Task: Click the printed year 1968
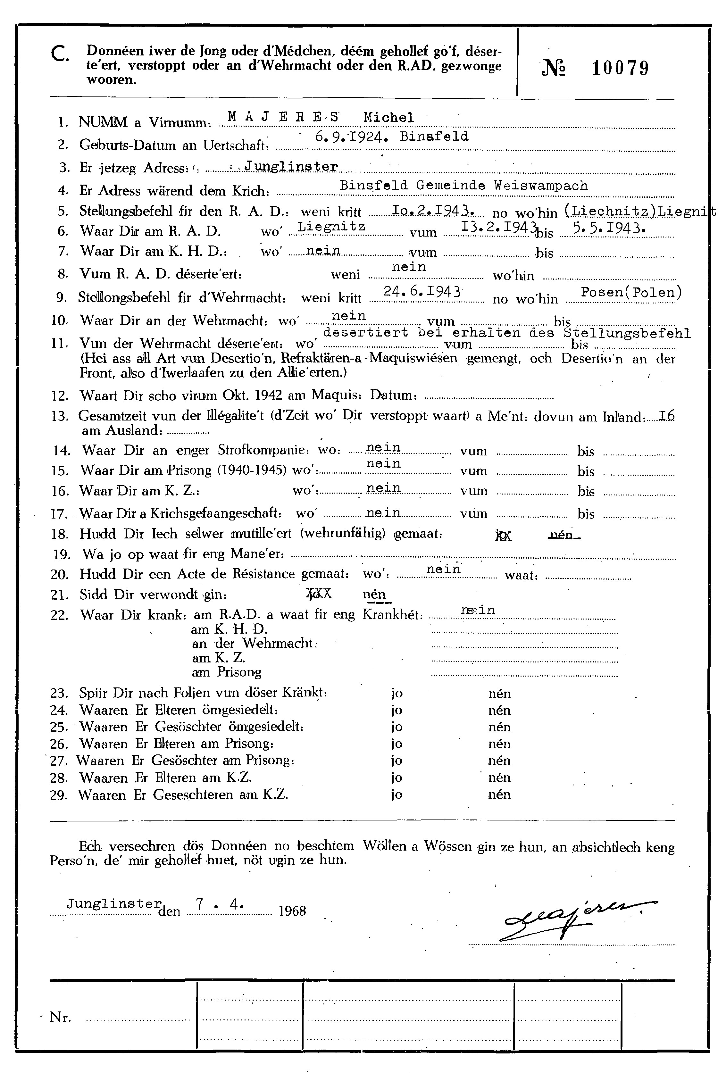pyautogui.click(x=292, y=911)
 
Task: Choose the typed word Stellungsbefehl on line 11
pyautogui.click(x=627, y=333)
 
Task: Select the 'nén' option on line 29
pyautogui.click(x=499, y=794)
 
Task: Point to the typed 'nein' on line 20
pyautogui.click(x=443, y=569)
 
